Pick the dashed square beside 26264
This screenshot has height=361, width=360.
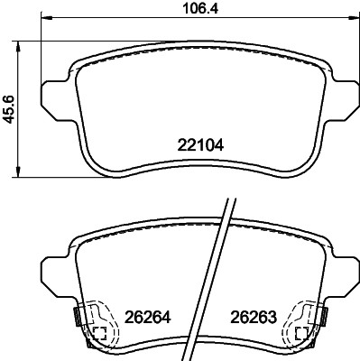click(x=99, y=334)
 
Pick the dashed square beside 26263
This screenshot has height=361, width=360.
click(x=297, y=334)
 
